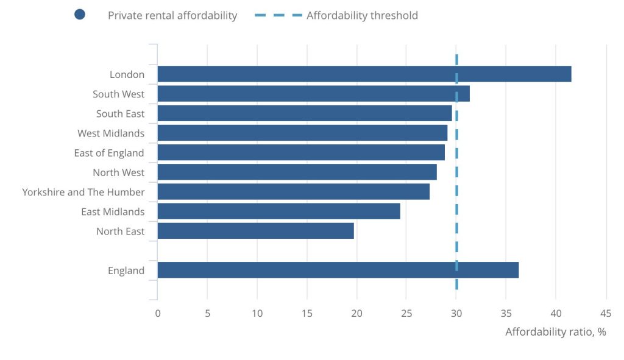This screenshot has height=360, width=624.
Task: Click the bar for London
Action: coord(364,74)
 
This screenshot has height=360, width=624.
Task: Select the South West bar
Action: coord(313,94)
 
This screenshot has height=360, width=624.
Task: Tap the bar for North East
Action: coord(255,231)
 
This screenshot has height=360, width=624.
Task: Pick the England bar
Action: coord(338,270)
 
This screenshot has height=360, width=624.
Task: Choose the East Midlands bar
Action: coord(278,211)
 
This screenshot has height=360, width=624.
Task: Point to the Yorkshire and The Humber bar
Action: coord(293,192)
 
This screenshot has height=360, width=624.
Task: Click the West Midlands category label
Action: coord(111,133)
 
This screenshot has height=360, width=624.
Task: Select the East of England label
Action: coord(109,153)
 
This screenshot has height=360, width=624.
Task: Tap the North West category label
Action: coord(119,172)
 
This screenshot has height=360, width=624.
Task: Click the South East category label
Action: coord(121,114)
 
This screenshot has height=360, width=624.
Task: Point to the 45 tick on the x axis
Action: coord(606,314)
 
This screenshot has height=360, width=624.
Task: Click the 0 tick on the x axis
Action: coord(158,314)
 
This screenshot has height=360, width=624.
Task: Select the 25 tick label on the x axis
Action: coord(406,314)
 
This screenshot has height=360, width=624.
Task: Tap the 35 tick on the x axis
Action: coord(506,314)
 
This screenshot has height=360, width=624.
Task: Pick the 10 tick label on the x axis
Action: coord(257,314)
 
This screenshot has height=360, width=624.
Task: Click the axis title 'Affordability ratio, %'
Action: coord(555,333)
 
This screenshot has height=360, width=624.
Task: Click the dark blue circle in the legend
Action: coord(80,15)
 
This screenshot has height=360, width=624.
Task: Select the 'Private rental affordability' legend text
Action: coord(172,16)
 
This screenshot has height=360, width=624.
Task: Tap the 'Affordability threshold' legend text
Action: coord(362,16)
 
